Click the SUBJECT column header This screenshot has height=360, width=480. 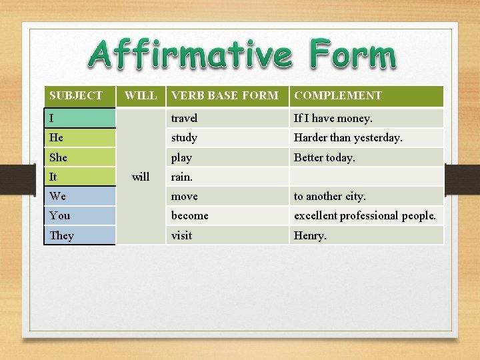(76, 95)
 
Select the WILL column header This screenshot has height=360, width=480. (141, 95)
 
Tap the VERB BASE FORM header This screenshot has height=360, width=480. (225, 95)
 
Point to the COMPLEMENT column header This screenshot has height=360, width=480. (338, 95)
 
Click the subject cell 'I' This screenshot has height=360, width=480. (79, 118)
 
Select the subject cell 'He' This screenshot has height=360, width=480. (79, 137)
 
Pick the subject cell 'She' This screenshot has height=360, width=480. (79, 157)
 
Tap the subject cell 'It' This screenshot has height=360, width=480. (79, 177)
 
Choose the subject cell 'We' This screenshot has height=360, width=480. (79, 196)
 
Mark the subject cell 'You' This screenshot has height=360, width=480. (79, 215)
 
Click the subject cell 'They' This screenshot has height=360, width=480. (79, 235)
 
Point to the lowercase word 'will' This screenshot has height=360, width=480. (141, 177)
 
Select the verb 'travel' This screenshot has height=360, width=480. (184, 118)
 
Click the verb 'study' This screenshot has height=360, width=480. (184, 137)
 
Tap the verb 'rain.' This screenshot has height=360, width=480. (182, 177)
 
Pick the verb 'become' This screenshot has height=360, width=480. (190, 215)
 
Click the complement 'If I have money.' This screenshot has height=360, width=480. (333, 118)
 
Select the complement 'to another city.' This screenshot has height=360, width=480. (330, 196)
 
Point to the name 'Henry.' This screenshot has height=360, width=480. (311, 235)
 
